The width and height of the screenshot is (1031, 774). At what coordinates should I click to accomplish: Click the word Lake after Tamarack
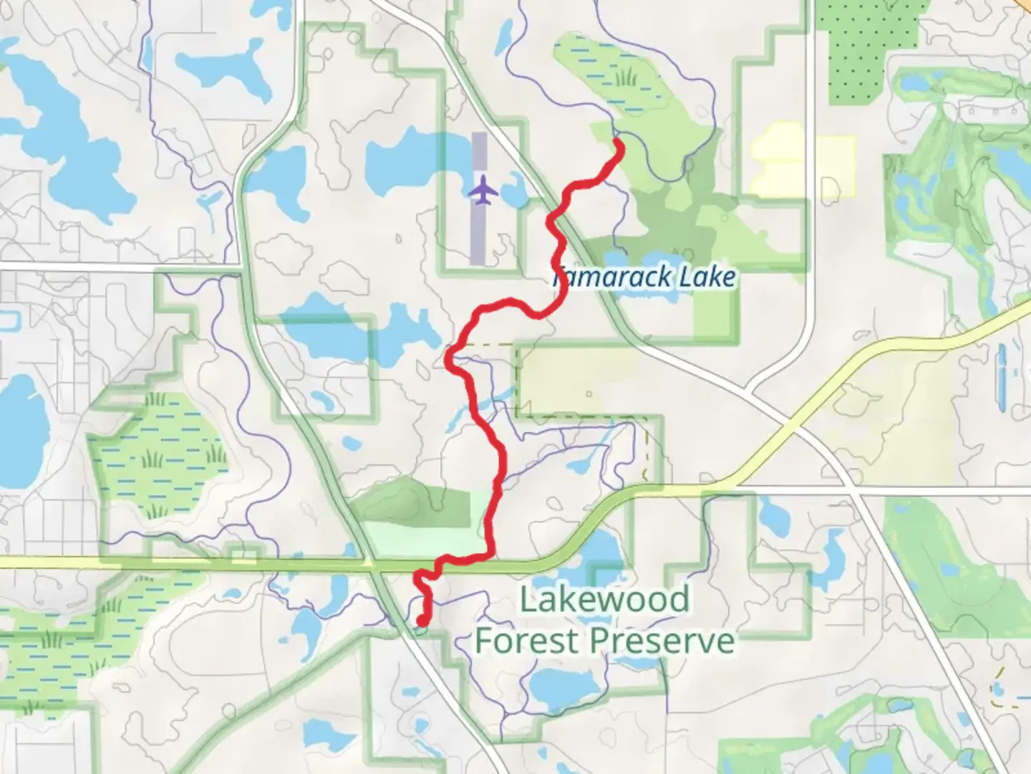(x=707, y=277)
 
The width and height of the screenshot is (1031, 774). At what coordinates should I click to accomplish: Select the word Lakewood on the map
(x=604, y=599)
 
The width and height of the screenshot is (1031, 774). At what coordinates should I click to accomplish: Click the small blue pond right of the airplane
(x=513, y=192)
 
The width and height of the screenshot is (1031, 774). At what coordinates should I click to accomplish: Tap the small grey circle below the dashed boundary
(x=589, y=393)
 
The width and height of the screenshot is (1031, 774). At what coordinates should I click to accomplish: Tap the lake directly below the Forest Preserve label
(x=566, y=684)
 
